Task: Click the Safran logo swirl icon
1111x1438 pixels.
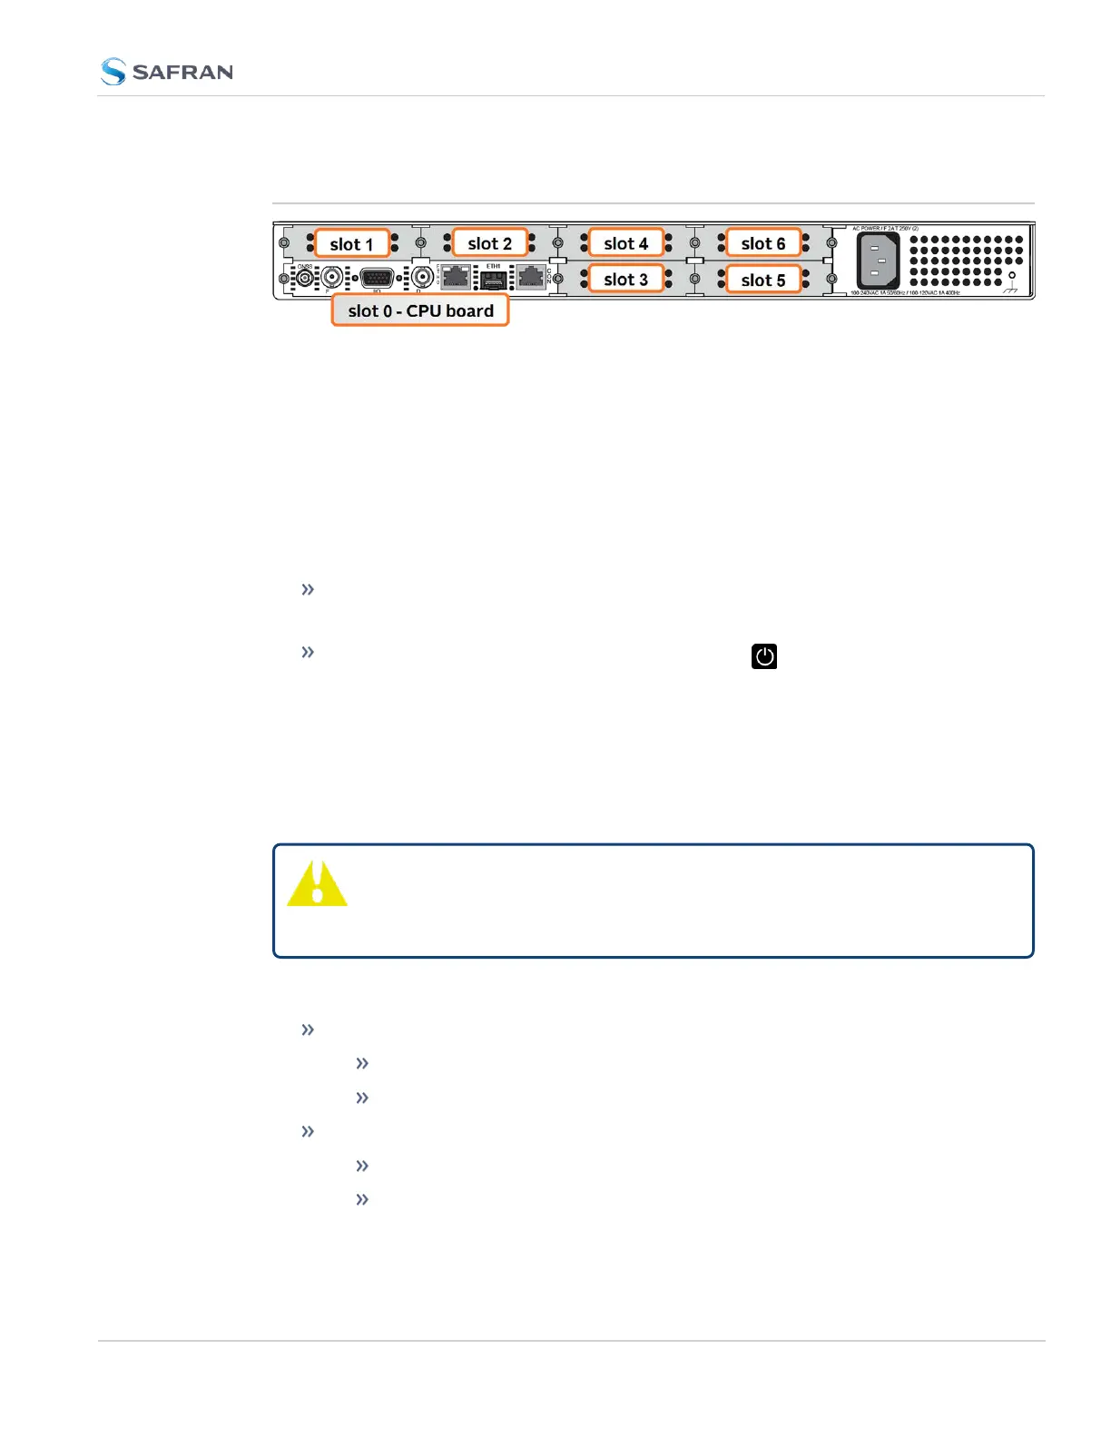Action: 113,72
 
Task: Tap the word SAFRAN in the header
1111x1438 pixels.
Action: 182,73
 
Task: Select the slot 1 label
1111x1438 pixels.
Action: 351,244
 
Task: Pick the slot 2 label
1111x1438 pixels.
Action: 490,243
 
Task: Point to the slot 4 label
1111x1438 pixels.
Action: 626,243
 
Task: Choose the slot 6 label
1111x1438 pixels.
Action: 763,243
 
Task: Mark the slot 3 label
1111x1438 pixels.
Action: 626,280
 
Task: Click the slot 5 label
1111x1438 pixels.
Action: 763,281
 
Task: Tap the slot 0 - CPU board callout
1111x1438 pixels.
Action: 420,310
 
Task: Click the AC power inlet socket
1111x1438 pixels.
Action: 878,260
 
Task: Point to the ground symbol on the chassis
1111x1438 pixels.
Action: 1011,282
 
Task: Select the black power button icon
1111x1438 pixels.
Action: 764,656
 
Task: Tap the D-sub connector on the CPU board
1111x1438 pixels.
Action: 377,278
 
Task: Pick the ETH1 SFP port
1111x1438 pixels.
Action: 493,278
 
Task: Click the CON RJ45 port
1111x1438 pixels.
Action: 531,276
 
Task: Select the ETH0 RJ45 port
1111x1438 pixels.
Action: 456,276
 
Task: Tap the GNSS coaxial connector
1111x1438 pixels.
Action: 306,276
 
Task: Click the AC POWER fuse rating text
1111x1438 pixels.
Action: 885,229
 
